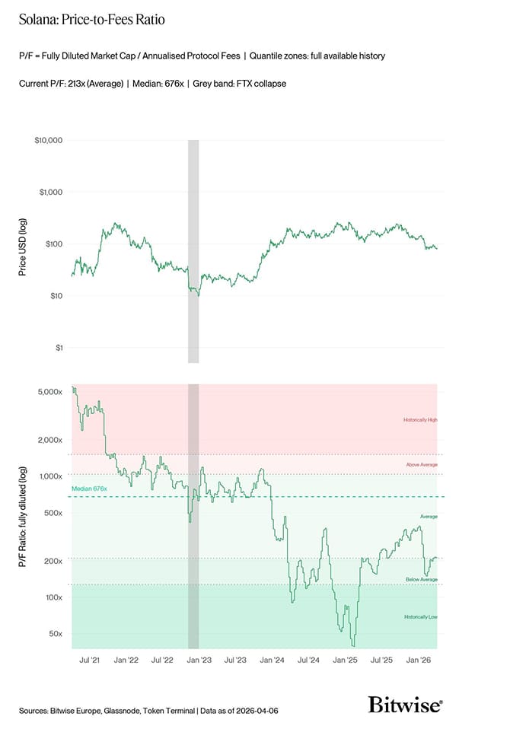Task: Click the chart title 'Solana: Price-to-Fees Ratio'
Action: [91, 21]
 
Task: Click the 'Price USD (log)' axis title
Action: [22, 244]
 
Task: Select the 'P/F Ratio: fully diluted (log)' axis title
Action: [22, 518]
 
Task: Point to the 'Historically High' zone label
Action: [420, 420]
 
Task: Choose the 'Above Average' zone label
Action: [422, 464]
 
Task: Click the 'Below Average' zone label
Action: [422, 580]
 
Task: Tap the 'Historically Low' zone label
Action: [420, 616]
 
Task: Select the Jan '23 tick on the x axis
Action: [199, 661]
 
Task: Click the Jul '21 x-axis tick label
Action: [90, 661]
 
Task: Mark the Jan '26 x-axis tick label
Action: [419, 661]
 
